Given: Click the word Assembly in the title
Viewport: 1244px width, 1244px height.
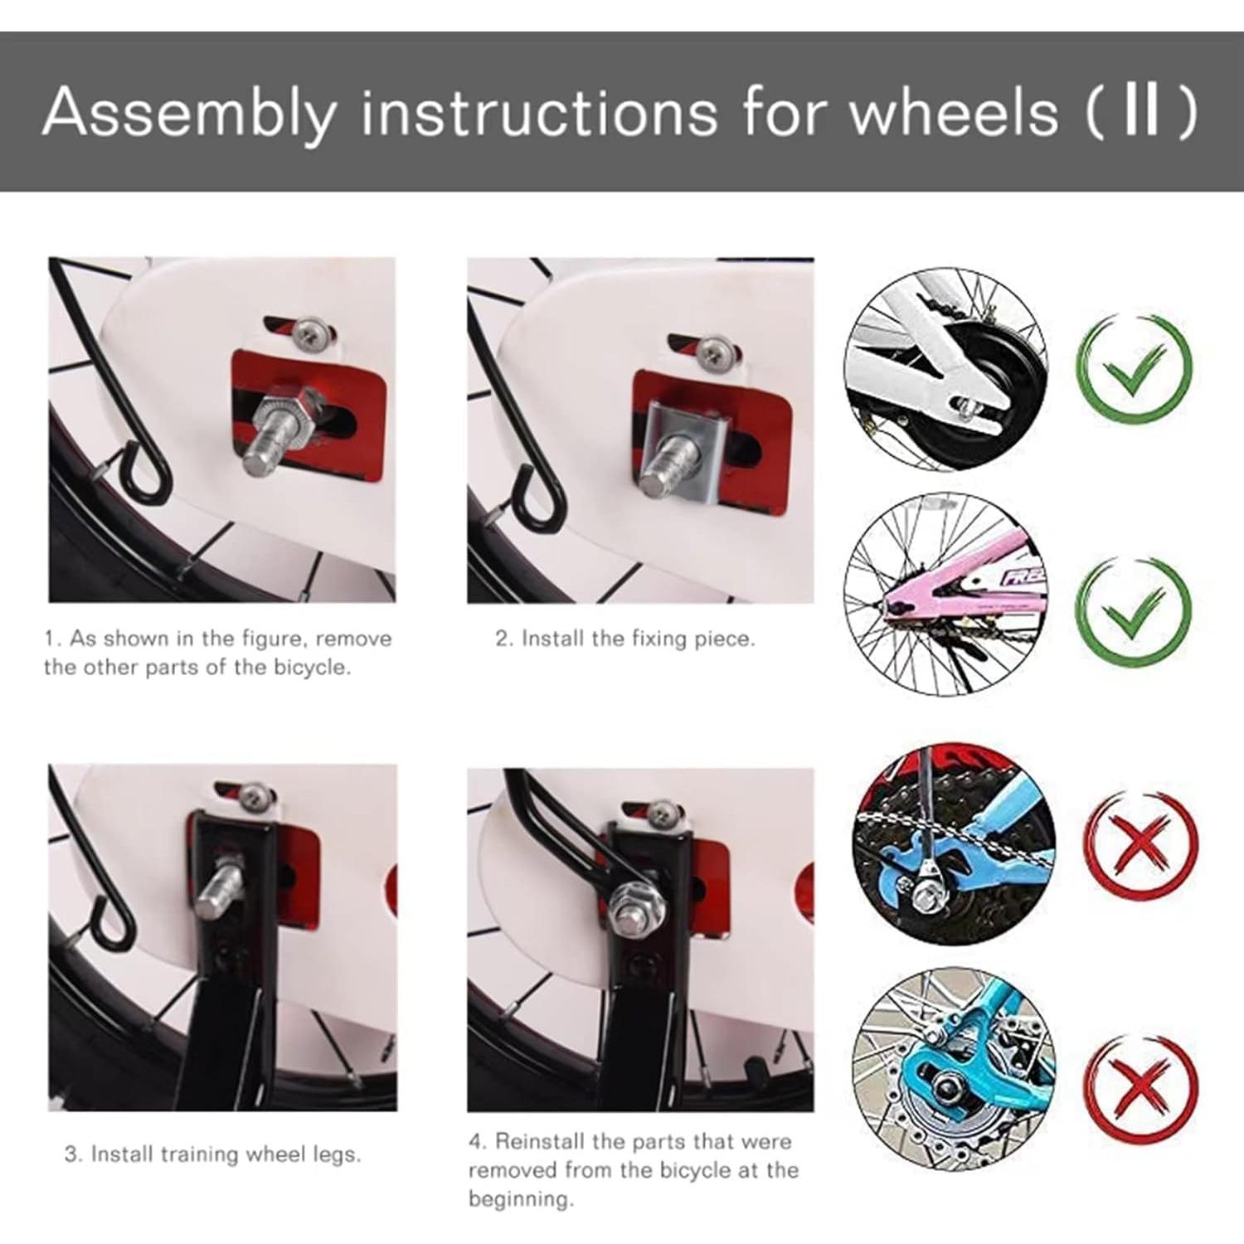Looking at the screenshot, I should (x=188, y=112).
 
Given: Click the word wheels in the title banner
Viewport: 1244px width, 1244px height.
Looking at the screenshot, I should (x=954, y=111).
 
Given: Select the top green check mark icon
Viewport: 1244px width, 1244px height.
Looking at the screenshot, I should (x=1134, y=367).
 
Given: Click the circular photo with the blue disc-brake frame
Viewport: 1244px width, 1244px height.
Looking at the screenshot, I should (x=953, y=1070).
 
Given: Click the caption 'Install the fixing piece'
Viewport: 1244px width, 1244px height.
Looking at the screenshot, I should (x=625, y=639).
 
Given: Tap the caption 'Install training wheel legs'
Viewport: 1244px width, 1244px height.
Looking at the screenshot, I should (x=212, y=1154).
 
